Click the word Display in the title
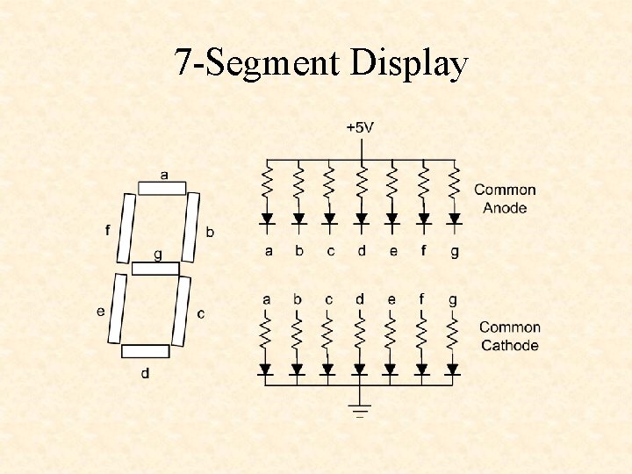coord(409,65)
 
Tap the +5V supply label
coord(359,127)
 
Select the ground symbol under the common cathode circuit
coord(359,408)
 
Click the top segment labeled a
coord(162,188)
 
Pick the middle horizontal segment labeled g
coord(155,269)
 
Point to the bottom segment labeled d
coord(145,351)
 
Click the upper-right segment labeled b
coord(191,226)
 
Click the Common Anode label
coord(505,198)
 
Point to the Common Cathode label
coord(509,336)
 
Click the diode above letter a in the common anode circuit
coord(268,219)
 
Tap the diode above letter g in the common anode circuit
coord(454,219)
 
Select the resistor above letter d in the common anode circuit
coord(361,184)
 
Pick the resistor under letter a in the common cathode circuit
coord(266,334)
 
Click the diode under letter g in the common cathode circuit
coord(452,370)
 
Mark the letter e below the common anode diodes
coord(392,251)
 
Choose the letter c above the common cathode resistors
coord(328,299)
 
